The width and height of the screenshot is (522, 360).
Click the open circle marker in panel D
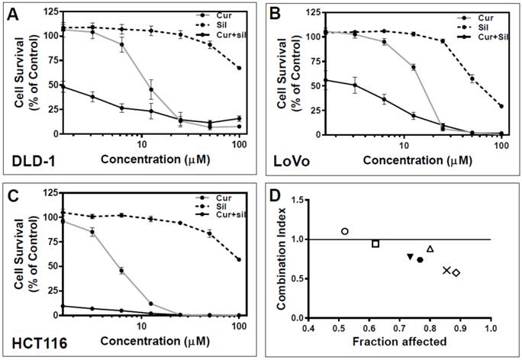coord(345,231)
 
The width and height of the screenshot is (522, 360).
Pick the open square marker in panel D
coord(375,243)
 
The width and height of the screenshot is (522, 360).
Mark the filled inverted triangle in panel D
coord(411,256)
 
